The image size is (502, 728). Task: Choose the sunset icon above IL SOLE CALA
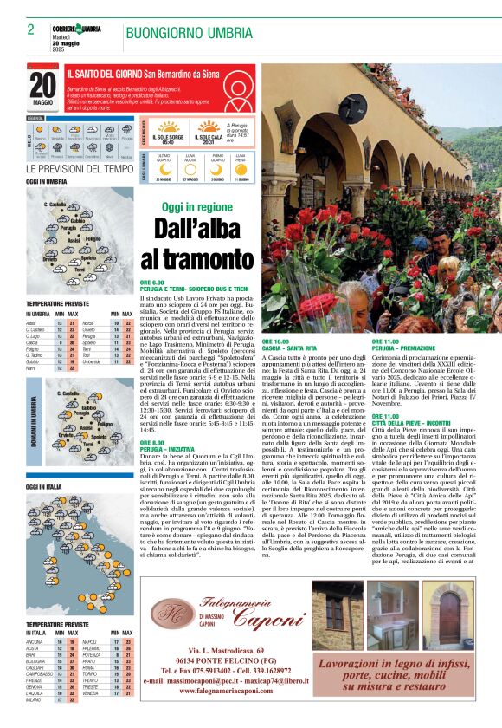click(x=208, y=126)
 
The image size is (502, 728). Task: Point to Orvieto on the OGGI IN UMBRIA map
click(x=50, y=259)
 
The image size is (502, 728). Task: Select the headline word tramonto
click(x=197, y=258)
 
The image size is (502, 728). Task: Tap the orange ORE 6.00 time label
click(x=152, y=283)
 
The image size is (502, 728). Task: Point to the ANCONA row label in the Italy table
click(x=35, y=642)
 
